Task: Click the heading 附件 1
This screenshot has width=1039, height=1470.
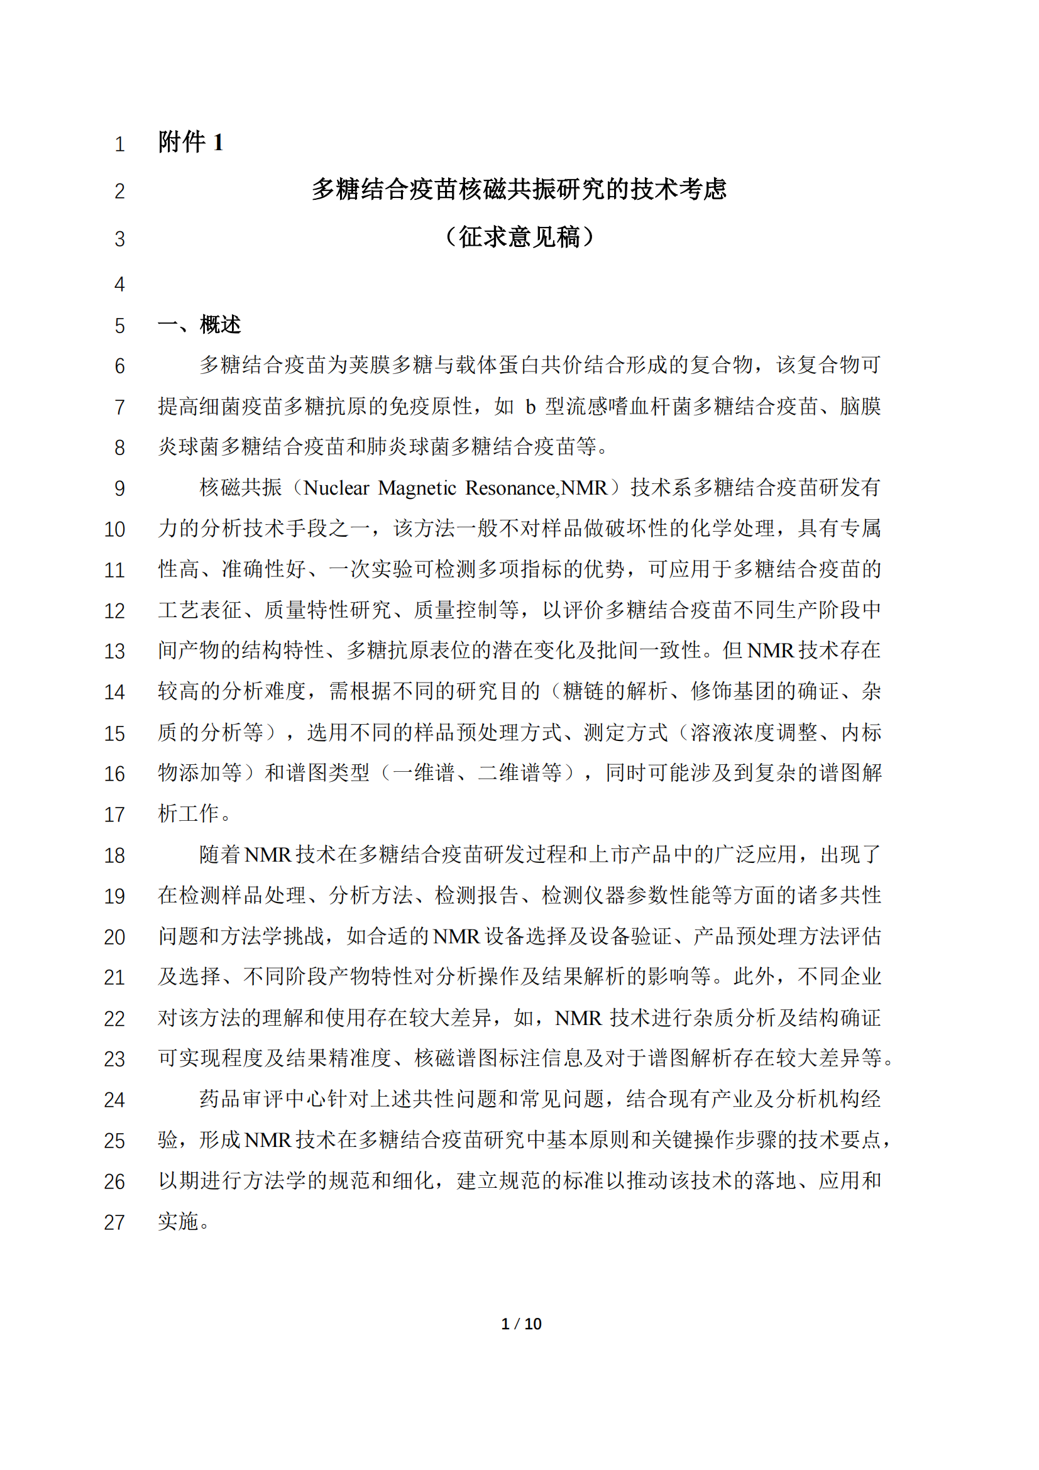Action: (191, 142)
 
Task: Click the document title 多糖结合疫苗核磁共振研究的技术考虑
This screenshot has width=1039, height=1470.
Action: (519, 190)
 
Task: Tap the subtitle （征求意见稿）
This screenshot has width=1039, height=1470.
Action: (519, 237)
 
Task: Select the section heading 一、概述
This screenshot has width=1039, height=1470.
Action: (199, 324)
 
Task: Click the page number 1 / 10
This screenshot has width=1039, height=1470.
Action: (521, 1324)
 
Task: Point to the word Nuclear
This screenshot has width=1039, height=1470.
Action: (336, 488)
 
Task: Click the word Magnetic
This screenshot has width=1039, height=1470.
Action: (417, 488)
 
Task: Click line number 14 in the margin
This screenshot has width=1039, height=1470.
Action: (114, 692)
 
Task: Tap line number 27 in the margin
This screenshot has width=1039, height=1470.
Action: (114, 1222)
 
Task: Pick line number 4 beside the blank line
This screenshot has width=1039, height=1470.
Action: (119, 284)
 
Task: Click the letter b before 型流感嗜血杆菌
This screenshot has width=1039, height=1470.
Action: (530, 407)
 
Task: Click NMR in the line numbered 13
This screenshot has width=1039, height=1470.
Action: (770, 651)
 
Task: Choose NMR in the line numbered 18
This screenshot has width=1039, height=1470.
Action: (268, 855)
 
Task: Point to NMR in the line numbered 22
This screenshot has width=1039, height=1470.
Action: (578, 1018)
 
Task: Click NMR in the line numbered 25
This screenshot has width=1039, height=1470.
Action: (268, 1140)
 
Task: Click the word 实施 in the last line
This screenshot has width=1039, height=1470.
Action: (179, 1222)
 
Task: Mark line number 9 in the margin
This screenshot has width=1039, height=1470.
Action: (119, 488)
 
